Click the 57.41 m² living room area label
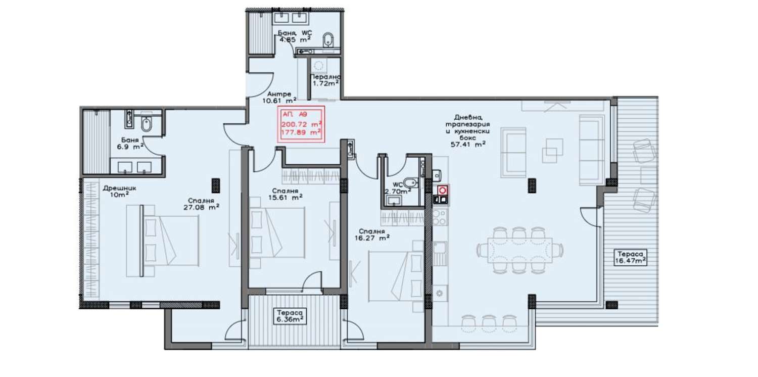pyautogui.click(x=468, y=145)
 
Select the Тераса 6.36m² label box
pyautogui.click(x=290, y=316)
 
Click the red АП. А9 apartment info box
pyautogui.click(x=301, y=124)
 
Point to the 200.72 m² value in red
pyautogui.click(x=301, y=124)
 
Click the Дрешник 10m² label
pyautogui.click(x=119, y=191)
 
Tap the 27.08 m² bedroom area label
pyautogui.click(x=201, y=207)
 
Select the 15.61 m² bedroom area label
pyautogui.click(x=286, y=197)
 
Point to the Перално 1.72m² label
pyautogui.click(x=325, y=80)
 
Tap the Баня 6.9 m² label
pyautogui.click(x=130, y=144)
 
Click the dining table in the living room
pyautogui.click(x=520, y=250)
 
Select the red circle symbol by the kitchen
pyautogui.click(x=442, y=191)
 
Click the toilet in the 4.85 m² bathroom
pyautogui.click(x=327, y=40)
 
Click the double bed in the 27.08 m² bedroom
pyautogui.click(x=163, y=241)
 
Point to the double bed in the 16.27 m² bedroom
pyautogui.click(x=395, y=276)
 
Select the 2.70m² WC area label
pyautogui.click(x=398, y=188)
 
